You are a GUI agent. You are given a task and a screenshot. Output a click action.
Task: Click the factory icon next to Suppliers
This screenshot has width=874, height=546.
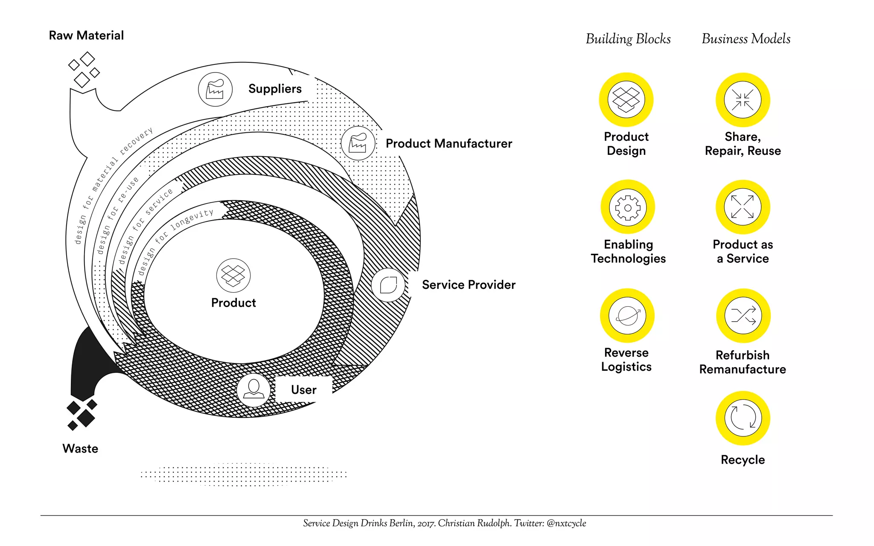coord(215,89)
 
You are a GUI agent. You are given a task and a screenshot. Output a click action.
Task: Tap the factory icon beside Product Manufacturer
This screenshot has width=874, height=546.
coord(358,143)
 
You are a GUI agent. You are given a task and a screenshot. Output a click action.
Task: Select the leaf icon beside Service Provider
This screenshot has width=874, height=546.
coord(388,285)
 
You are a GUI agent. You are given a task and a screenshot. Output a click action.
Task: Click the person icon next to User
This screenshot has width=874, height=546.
coord(253,389)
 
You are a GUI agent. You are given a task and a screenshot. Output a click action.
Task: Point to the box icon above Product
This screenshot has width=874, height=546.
coord(233,275)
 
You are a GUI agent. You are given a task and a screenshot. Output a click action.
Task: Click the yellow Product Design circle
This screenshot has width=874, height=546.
coord(626,99)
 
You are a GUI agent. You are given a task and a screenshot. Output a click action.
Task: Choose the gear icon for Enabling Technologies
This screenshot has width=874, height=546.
coord(627,207)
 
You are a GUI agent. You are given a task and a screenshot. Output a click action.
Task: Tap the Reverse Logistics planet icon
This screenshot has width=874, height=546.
coord(627,316)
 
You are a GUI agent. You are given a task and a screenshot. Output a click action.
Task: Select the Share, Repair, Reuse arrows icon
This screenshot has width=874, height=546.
coord(743,100)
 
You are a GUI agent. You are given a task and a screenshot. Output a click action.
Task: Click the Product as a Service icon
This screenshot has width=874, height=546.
coord(743,207)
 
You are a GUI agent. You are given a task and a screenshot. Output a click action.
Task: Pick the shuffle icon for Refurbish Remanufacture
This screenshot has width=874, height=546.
coord(743,316)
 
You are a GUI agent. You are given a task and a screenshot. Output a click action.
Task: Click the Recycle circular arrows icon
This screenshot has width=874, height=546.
coord(743,418)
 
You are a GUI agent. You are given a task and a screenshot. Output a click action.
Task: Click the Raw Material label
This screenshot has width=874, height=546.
coord(86,35)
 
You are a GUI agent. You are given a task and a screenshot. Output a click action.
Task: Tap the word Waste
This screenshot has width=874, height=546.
coord(80,449)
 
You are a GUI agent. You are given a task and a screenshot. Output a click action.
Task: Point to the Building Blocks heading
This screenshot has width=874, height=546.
coord(628,39)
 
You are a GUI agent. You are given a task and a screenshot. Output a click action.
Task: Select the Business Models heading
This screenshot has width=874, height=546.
coord(746,39)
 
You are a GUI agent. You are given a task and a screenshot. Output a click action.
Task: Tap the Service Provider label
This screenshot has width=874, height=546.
coord(469,285)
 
